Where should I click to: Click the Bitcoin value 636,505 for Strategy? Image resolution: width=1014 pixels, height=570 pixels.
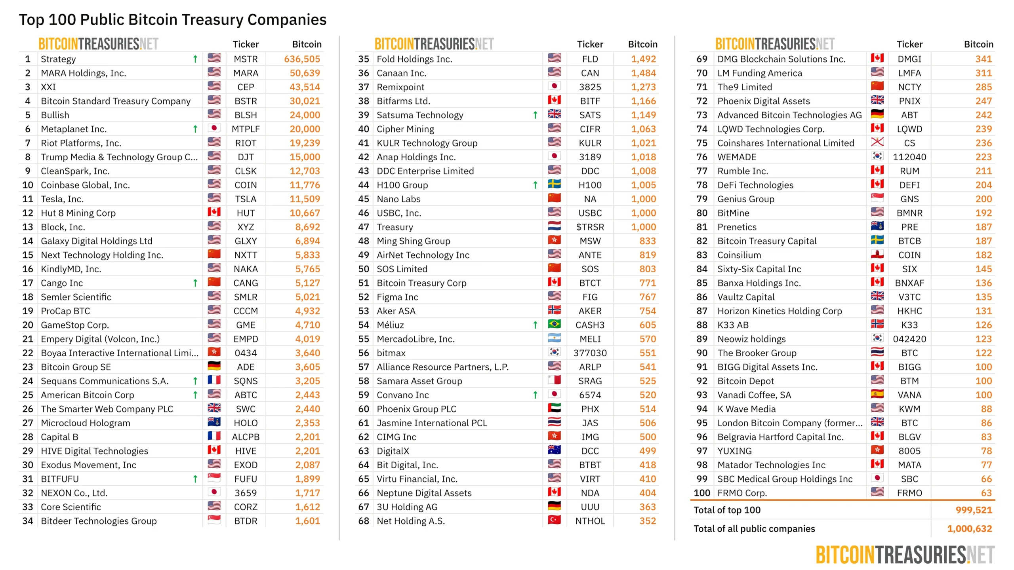pos(302,59)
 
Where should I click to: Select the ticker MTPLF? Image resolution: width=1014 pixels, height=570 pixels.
pos(246,129)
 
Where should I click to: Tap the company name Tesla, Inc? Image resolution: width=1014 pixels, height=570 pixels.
pos(62,199)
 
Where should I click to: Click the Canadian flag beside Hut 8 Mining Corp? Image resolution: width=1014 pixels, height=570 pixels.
pos(214,212)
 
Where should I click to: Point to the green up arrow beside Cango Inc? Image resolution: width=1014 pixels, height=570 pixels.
pos(195,283)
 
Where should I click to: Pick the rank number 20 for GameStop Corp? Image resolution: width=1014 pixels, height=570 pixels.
pos(28,325)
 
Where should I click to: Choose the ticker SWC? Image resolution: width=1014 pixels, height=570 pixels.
pos(246,409)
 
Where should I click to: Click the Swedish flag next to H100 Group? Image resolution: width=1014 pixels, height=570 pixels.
pos(554,184)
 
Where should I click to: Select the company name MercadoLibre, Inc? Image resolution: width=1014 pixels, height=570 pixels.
pos(416,339)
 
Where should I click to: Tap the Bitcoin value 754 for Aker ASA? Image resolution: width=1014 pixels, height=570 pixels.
pos(648,311)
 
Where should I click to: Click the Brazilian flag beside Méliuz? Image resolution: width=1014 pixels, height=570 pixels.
pos(554,324)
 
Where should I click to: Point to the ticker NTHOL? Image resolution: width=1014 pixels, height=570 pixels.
pos(590,521)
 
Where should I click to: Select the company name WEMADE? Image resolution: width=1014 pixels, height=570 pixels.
pos(737,157)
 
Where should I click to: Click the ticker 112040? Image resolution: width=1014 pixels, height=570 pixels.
pos(909,157)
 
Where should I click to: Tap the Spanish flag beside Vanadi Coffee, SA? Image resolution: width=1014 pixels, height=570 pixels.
pos(877,394)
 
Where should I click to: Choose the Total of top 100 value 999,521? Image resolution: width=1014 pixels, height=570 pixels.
pos(974,510)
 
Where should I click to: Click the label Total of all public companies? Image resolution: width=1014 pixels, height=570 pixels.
pos(754,529)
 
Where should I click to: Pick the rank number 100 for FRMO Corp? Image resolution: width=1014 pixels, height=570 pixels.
pos(702,493)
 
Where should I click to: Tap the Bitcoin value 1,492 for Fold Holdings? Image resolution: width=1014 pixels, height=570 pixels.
pos(643,59)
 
